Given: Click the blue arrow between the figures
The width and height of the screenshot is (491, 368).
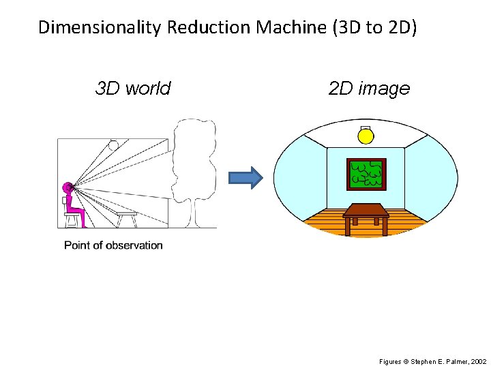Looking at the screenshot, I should click(x=245, y=178).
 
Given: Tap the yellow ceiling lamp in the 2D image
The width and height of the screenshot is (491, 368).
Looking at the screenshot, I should click(x=366, y=136).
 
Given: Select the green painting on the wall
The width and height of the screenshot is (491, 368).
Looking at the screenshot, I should click(x=366, y=174).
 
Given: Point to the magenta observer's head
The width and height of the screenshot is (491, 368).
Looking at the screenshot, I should click(x=68, y=186).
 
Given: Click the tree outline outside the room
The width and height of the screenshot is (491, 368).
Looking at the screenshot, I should click(x=194, y=164).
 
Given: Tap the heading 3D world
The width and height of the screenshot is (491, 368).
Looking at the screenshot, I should click(x=133, y=89).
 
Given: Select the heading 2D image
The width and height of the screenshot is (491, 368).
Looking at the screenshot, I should click(x=369, y=89).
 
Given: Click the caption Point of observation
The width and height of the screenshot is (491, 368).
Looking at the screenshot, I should click(x=113, y=245).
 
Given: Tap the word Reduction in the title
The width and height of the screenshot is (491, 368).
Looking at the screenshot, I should click(x=209, y=28).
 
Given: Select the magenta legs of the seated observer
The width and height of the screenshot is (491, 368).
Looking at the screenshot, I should click(x=79, y=214).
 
